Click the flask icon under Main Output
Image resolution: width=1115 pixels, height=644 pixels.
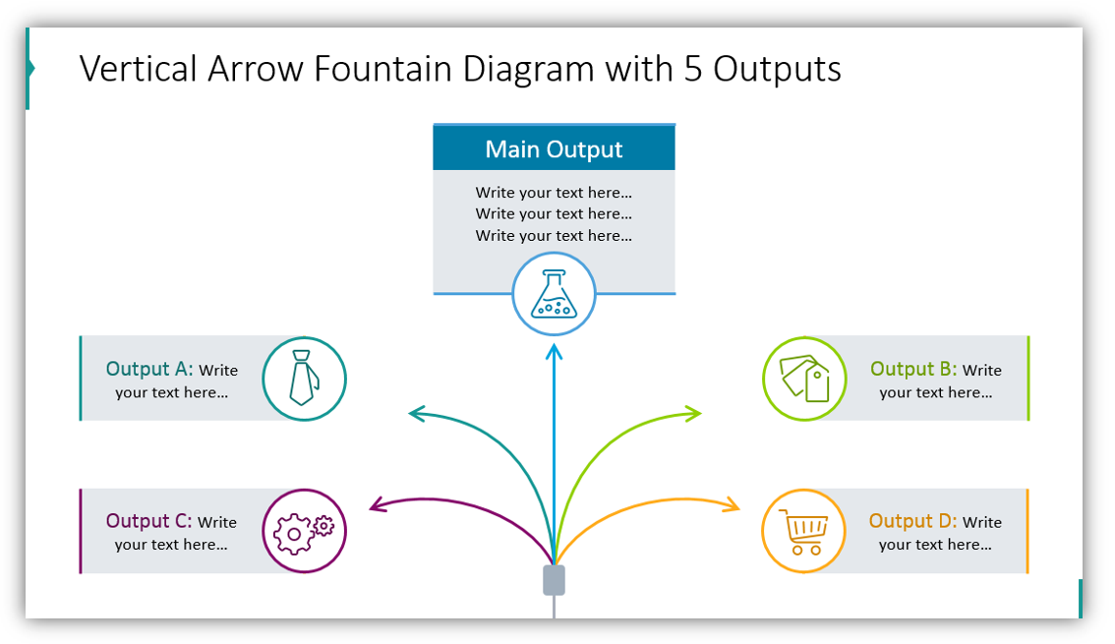tap(554, 294)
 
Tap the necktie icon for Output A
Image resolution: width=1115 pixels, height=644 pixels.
tap(304, 379)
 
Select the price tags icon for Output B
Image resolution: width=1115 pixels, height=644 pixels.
tap(804, 379)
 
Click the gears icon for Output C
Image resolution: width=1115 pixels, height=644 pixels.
tap(304, 531)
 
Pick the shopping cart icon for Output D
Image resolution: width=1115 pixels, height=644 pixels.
tap(803, 531)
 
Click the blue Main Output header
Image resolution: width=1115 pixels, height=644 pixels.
tap(554, 148)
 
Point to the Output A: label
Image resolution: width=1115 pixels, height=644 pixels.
tap(149, 370)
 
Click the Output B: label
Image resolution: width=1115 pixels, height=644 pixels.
tap(913, 370)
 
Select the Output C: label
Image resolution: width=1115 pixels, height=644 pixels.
tap(149, 522)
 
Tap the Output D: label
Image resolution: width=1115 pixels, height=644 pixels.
tap(912, 522)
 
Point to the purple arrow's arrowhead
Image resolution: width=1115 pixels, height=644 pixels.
tap(375, 505)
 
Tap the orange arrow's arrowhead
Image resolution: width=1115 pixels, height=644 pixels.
tap(734, 505)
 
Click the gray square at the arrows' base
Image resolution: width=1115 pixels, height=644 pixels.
tap(555, 580)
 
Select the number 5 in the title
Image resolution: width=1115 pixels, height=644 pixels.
tap(692, 69)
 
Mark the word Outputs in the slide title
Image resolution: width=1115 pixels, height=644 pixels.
tap(777, 69)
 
